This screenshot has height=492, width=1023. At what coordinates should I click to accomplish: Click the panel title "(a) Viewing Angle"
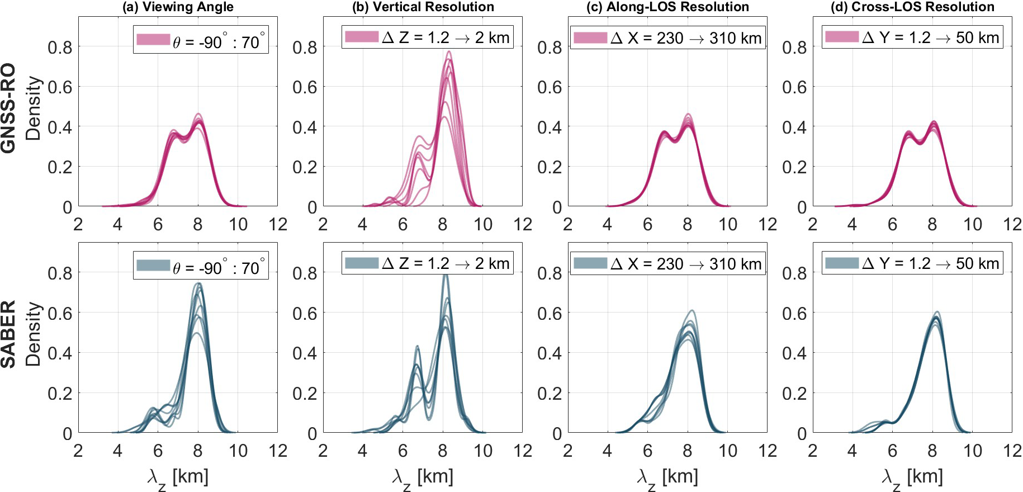click(x=178, y=7)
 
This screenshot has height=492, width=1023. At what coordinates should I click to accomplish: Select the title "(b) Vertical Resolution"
click(x=423, y=7)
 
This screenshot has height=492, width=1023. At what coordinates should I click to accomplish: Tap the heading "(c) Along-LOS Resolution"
click(x=667, y=7)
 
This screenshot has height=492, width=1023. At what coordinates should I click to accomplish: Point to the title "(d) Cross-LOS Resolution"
click(x=912, y=7)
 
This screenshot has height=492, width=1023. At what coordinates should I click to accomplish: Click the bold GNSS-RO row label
click(x=8, y=107)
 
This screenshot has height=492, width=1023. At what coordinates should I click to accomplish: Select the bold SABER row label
click(x=8, y=334)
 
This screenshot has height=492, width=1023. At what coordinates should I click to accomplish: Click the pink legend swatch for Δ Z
click(x=362, y=37)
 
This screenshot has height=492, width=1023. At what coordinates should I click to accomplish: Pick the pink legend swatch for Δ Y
click(x=842, y=37)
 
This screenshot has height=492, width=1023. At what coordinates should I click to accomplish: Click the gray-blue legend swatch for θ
click(x=153, y=265)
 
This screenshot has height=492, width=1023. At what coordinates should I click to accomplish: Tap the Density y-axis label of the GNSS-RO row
click(x=34, y=108)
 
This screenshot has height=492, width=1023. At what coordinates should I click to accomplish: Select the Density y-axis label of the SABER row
click(x=34, y=334)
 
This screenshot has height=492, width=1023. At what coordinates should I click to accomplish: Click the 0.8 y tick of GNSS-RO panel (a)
click(x=60, y=48)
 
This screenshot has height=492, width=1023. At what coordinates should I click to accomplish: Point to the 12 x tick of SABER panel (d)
click(x=1012, y=451)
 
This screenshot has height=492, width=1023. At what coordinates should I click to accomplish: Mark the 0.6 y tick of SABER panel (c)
click(x=550, y=313)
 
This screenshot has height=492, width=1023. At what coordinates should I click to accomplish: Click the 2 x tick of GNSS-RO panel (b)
click(x=323, y=225)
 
